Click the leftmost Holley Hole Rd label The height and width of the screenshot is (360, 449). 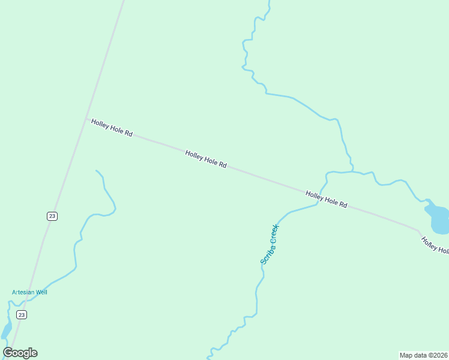click(112, 127)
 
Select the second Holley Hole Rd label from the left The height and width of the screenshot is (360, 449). click(206, 159)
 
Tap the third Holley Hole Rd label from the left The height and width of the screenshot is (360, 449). click(327, 199)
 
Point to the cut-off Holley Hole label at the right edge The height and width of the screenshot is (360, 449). click(435, 246)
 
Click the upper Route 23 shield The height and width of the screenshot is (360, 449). click(52, 216)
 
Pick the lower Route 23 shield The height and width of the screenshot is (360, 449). click(22, 314)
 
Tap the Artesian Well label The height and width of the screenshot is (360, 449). click(29, 292)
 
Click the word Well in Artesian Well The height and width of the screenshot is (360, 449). click(41, 292)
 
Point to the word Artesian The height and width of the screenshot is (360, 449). click(23, 292)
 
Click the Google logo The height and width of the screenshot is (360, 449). click(20, 353)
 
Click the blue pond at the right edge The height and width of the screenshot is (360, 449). click(438, 219)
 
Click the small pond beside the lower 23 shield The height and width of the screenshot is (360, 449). click(6, 331)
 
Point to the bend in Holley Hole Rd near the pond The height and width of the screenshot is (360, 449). click(417, 229)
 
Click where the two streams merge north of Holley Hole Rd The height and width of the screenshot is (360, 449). click(352, 172)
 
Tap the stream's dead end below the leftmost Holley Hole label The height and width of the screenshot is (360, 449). click(96, 170)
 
